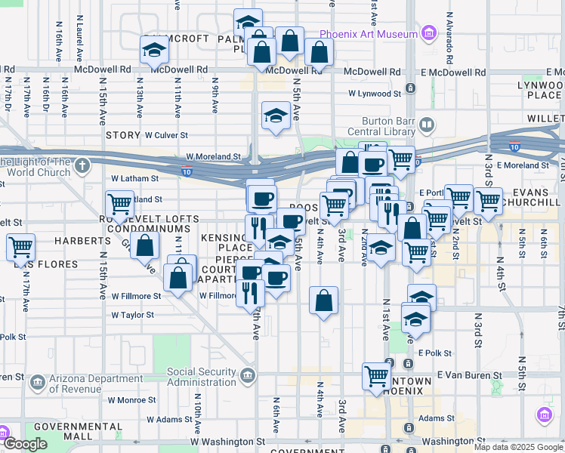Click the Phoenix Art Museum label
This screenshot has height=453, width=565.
[x=369, y=34]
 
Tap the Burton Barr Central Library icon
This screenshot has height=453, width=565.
[x=427, y=125]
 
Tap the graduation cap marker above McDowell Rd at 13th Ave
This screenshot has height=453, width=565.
[x=154, y=51]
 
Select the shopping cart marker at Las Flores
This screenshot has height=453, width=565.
[x=21, y=247]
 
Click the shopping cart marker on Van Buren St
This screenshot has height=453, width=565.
[x=376, y=376]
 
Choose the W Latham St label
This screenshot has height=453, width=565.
[x=134, y=179]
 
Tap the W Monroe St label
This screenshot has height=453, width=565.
[x=133, y=400]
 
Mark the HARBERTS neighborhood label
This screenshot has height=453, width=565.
[x=82, y=241]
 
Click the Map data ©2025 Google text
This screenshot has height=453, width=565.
[x=518, y=447]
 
